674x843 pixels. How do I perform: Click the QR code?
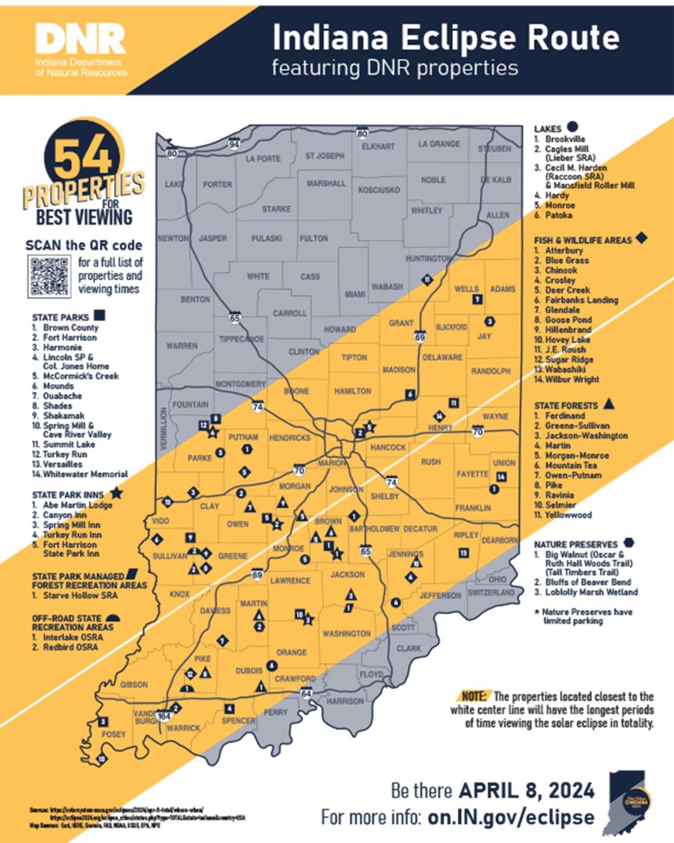(49, 276)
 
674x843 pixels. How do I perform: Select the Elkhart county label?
(378, 146)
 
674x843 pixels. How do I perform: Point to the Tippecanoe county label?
(242, 339)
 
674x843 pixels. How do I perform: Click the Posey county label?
(113, 734)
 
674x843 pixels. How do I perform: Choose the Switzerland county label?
(491, 592)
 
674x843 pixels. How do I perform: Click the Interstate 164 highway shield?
(163, 716)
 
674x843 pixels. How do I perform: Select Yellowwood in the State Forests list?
(568, 515)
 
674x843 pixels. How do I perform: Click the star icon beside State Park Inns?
(116, 493)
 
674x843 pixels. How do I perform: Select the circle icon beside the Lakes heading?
(572, 127)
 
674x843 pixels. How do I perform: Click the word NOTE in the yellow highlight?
(475, 696)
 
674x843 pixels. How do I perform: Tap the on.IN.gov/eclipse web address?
(511, 817)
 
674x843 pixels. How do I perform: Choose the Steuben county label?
(495, 148)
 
